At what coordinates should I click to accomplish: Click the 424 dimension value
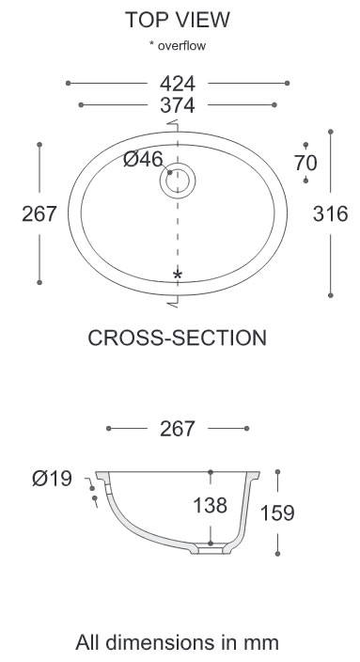(x=178, y=83)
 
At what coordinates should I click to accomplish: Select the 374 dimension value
(x=178, y=105)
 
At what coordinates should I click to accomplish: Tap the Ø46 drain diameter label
(x=143, y=159)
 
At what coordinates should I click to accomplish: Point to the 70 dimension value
(x=305, y=163)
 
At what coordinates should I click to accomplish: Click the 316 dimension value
(x=331, y=213)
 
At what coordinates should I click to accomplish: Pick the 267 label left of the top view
(x=39, y=213)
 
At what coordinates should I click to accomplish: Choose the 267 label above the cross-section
(x=178, y=429)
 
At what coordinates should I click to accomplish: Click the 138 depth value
(x=210, y=505)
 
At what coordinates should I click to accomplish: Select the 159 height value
(x=277, y=513)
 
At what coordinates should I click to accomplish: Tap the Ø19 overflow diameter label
(x=53, y=479)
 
